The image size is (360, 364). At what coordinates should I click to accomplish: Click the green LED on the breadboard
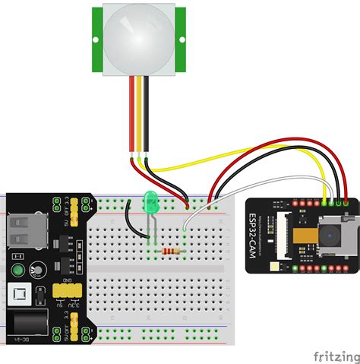pyautogui.click(x=150, y=202)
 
